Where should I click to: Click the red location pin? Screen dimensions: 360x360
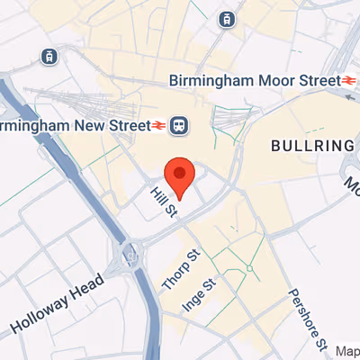tap(180, 176)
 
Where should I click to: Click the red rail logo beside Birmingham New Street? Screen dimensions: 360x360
tap(158, 123)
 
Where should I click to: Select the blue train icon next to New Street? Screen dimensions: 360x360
tap(179, 123)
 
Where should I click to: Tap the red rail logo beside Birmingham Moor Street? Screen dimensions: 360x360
tap(351, 79)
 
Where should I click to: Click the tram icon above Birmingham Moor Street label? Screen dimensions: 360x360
tap(226, 19)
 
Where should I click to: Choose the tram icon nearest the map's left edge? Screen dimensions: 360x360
tap(48, 56)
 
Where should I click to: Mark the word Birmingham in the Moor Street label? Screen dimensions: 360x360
tap(210, 79)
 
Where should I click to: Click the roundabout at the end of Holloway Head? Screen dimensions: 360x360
tap(129, 258)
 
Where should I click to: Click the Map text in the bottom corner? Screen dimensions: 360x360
tap(347, 351)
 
